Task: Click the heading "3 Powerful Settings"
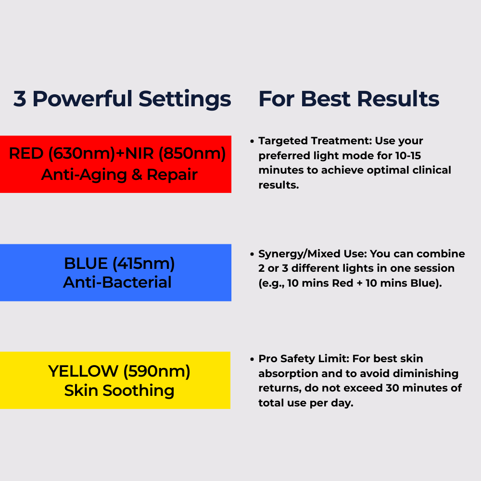(x=122, y=99)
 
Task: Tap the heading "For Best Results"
(x=349, y=99)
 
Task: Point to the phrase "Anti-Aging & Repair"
(x=119, y=174)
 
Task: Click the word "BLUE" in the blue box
(x=86, y=263)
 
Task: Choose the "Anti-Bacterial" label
(x=117, y=282)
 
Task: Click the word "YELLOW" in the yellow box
(x=83, y=371)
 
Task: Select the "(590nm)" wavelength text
(x=157, y=371)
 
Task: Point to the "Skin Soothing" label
(x=119, y=391)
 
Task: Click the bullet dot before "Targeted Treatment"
(x=252, y=141)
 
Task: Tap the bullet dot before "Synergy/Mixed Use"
(x=252, y=254)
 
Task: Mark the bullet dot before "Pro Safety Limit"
(x=252, y=359)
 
